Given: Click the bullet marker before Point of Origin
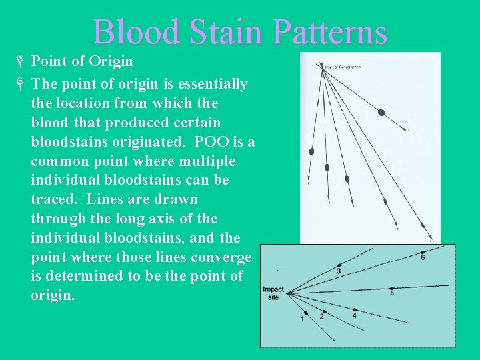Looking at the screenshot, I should click(21, 62).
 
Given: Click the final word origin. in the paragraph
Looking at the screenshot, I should click(53, 295).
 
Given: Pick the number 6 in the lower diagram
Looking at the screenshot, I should click(423, 257).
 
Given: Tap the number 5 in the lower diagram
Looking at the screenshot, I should click(392, 292).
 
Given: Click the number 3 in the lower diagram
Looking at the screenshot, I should click(339, 271).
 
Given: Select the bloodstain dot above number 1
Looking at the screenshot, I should click(306, 313).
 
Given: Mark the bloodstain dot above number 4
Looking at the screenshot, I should click(355, 310).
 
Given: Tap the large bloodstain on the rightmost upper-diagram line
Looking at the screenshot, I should click(381, 113).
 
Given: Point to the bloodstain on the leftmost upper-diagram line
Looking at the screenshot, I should click(311, 151).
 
